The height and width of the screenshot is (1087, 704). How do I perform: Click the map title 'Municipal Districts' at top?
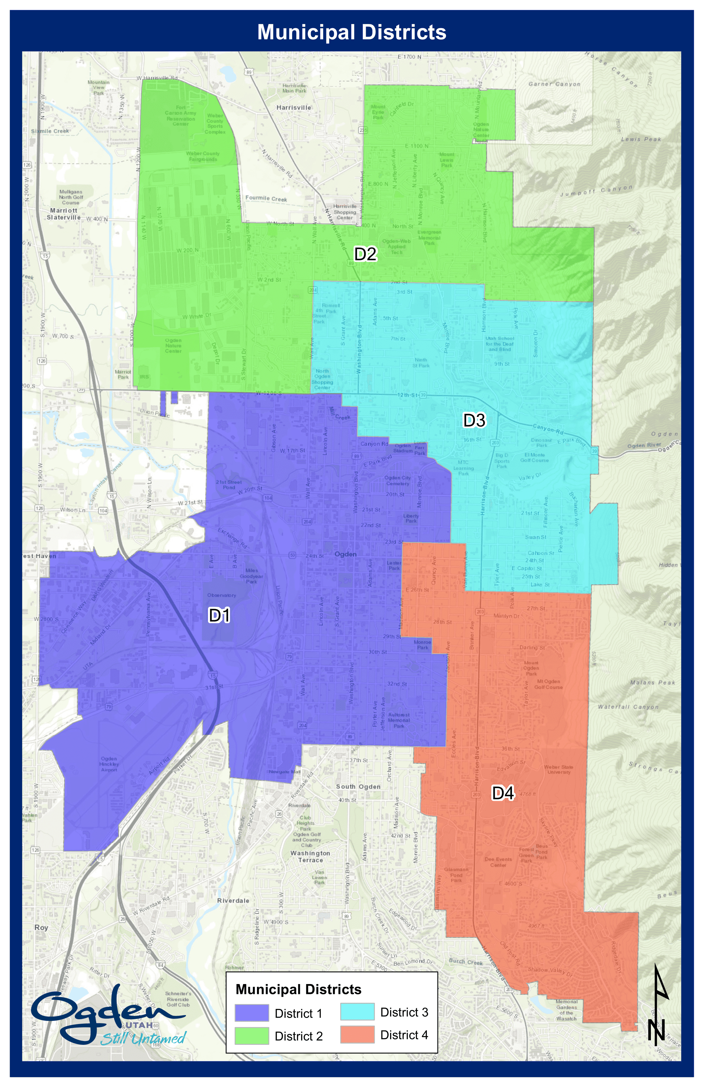(x=352, y=32)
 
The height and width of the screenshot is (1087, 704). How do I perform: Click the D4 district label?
(x=503, y=793)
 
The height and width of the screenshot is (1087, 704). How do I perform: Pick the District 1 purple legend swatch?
(x=252, y=1013)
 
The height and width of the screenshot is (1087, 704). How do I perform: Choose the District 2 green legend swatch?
(x=252, y=1036)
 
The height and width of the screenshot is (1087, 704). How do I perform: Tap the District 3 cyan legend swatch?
(x=357, y=1012)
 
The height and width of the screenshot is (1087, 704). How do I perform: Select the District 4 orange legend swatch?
(x=357, y=1035)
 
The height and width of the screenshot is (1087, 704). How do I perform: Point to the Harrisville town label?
(x=293, y=108)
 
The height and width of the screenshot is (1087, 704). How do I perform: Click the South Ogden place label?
(x=358, y=786)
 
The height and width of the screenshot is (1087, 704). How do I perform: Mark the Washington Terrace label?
(x=310, y=856)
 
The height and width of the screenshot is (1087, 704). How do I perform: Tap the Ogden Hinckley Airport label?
(x=109, y=764)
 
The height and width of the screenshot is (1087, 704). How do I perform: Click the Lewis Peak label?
(x=641, y=139)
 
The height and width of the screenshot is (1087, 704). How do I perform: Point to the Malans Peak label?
(x=652, y=682)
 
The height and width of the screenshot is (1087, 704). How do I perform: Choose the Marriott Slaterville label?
(x=64, y=214)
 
